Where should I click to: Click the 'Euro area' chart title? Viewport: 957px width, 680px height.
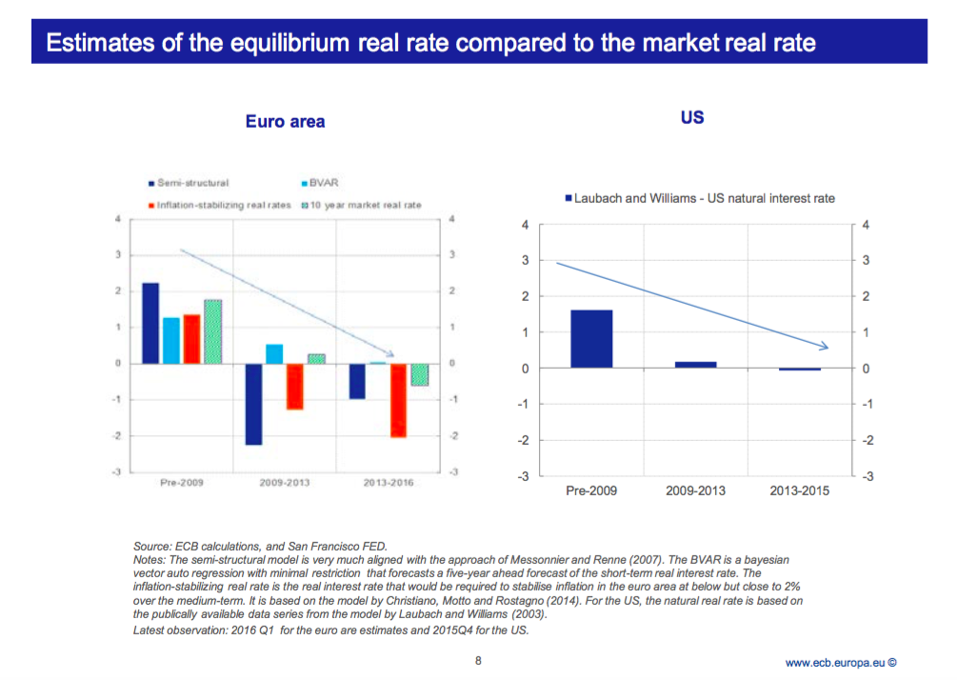pos(285,121)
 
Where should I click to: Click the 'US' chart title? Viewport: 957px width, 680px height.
pos(692,118)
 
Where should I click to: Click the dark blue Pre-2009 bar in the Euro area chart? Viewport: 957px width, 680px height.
pos(150,323)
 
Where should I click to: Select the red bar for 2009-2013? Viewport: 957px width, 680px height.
pos(295,386)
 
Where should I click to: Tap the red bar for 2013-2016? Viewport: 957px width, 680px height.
pos(399,400)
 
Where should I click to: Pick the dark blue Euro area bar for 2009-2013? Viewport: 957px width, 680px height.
pos(253,404)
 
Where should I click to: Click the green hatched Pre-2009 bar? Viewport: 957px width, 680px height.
pos(212,331)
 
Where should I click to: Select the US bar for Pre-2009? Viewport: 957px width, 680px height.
pos(591,338)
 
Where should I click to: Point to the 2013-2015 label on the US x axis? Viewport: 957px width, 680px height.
pos(799,490)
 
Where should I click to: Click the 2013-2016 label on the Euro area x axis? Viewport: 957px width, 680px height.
pos(389,483)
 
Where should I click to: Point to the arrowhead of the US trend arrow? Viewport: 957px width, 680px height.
pos(825,347)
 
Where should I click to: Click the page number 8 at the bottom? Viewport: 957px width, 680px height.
pos(478,660)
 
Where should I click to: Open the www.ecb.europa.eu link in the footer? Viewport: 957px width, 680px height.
pos(836,662)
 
